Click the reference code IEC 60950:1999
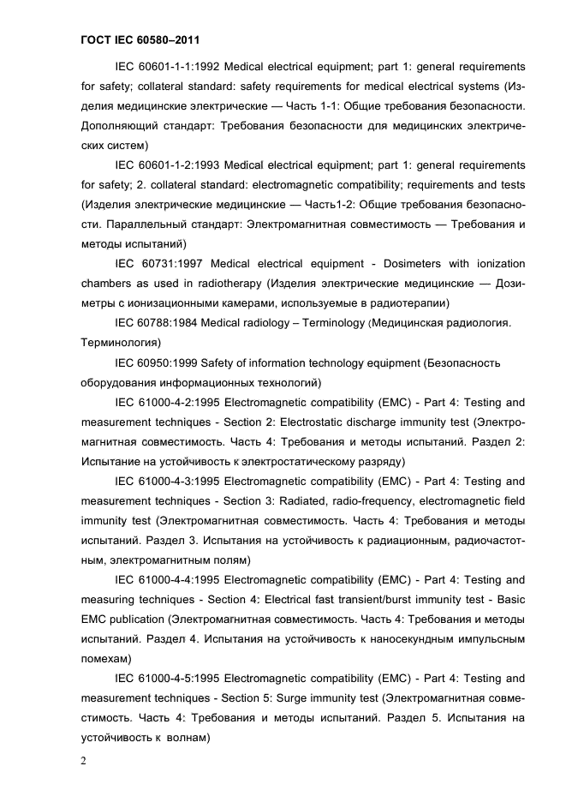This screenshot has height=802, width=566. [158, 362]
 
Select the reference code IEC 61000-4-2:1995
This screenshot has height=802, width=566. [170, 402]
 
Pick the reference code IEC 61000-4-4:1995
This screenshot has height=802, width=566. [170, 579]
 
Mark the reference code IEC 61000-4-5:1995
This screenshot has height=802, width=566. [170, 678]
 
